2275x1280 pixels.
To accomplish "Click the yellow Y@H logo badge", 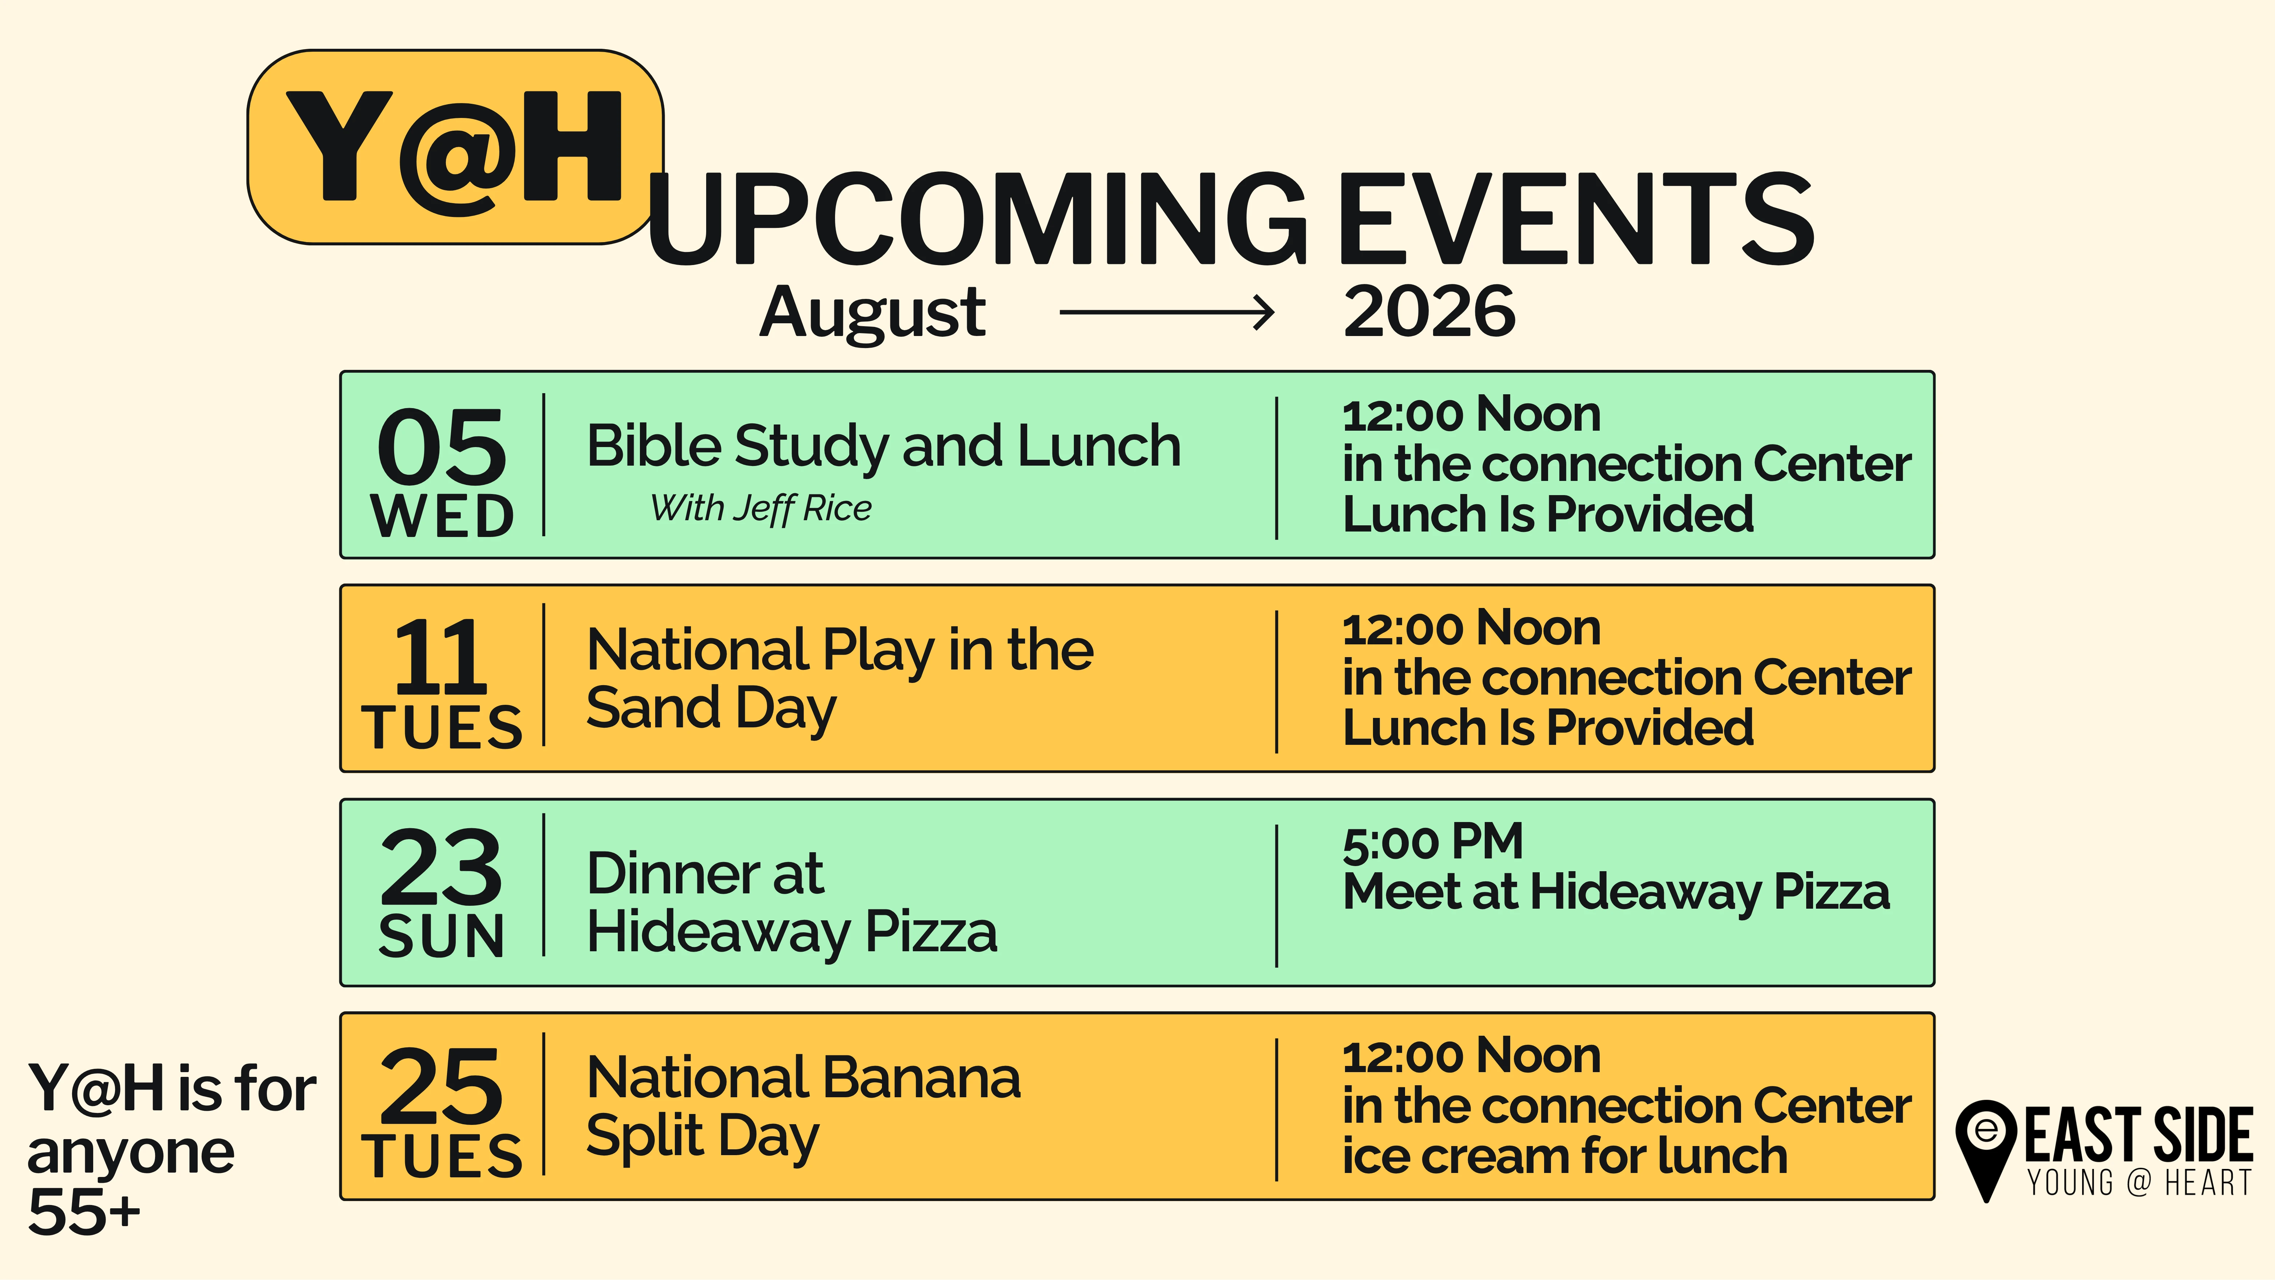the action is coord(455,147).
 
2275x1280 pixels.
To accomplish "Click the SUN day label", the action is coord(442,936).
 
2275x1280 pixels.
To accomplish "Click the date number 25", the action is coord(442,1086).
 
